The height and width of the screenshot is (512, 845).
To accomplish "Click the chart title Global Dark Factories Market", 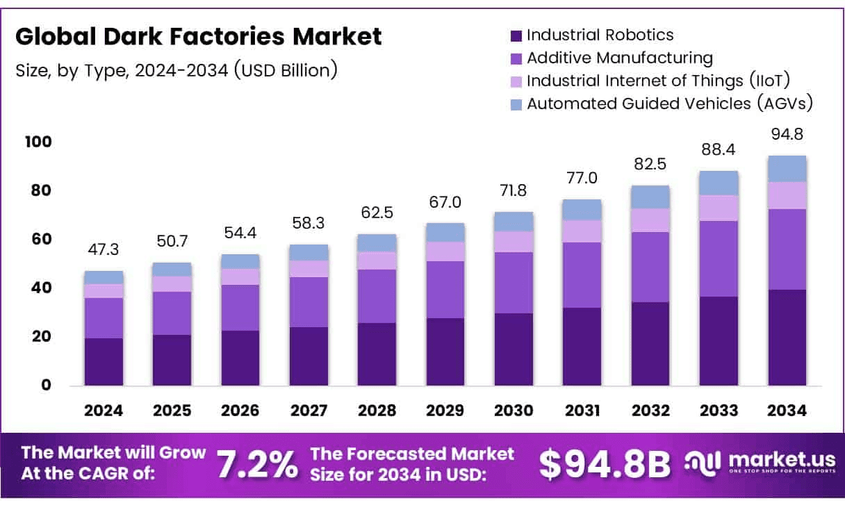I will pyautogui.click(x=198, y=37).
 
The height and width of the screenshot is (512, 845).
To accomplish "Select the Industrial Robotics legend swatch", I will pyautogui.click(x=516, y=35).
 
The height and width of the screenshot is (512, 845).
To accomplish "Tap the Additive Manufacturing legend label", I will pyautogui.click(x=620, y=58).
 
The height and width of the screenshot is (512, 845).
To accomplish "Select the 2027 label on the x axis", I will pyautogui.click(x=309, y=411).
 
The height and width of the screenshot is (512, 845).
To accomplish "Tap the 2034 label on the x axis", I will pyautogui.click(x=787, y=411).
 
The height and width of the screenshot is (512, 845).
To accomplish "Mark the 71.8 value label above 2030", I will pyautogui.click(x=514, y=191).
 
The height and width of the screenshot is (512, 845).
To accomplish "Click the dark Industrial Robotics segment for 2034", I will pyautogui.click(x=787, y=338).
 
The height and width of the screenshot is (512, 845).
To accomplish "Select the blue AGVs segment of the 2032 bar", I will pyautogui.click(x=650, y=197).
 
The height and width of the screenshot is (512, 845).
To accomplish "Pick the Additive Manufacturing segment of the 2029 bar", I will pyautogui.click(x=445, y=290).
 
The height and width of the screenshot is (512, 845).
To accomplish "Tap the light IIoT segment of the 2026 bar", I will pyautogui.click(x=240, y=276).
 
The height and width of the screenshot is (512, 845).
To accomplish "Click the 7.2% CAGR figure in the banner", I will pyautogui.click(x=256, y=465).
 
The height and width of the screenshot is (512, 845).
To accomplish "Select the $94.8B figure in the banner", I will pyautogui.click(x=605, y=465).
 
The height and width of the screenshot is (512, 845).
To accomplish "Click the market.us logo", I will pyautogui.click(x=755, y=463).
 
